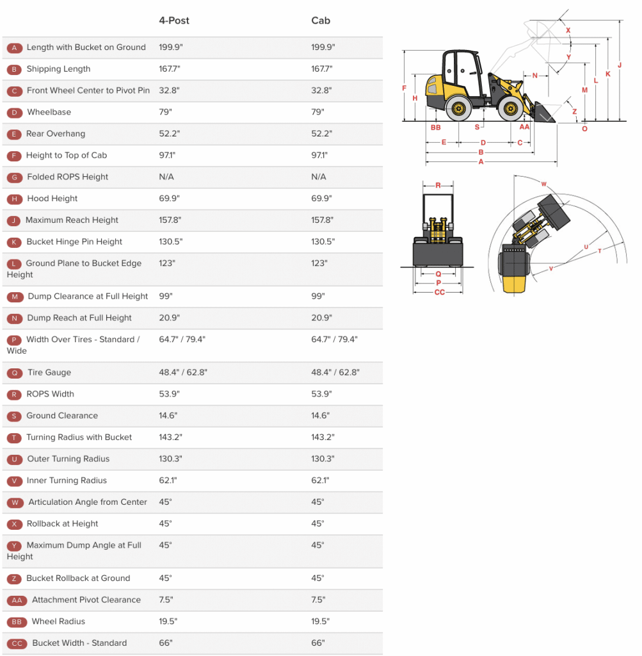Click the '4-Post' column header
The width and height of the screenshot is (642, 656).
[174, 20]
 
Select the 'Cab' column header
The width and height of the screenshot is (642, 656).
[321, 20]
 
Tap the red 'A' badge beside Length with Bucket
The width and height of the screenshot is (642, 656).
[14, 47]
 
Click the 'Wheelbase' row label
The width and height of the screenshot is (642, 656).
[49, 112]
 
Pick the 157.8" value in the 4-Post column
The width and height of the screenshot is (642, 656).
[170, 220]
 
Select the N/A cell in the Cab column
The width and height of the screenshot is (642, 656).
[319, 177]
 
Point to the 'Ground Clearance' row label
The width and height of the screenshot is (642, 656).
[62, 416]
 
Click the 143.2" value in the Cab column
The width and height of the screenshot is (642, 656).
[323, 438]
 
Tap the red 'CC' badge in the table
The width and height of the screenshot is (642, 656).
[17, 643]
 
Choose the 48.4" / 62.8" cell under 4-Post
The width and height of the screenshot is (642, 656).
[183, 372]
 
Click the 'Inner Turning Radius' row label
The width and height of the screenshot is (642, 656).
[67, 480]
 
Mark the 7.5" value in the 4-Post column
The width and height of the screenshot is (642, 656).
[166, 600]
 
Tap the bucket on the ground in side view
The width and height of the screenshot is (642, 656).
[543, 113]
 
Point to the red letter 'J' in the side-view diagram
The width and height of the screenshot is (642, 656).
[619, 65]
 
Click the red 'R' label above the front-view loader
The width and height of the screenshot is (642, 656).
[438, 185]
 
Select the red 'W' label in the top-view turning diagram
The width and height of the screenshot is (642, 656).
[543, 184]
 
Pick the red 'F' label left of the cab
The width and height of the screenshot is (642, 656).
[404, 88]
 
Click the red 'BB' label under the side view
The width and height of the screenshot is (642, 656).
[436, 127]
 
